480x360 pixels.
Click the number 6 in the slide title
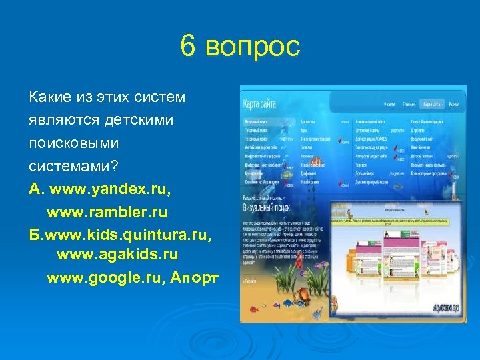(188, 47)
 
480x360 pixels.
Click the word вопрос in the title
(253, 47)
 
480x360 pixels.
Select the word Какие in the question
(49, 97)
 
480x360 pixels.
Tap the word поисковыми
(73, 143)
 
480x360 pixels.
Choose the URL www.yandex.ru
(113, 189)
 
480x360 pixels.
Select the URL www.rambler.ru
(107, 211)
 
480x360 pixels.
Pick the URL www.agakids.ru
(117, 254)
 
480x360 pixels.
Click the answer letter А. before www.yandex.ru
(36, 189)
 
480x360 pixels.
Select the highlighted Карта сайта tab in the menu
(432, 104)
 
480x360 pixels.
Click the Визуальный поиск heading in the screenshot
(265, 206)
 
